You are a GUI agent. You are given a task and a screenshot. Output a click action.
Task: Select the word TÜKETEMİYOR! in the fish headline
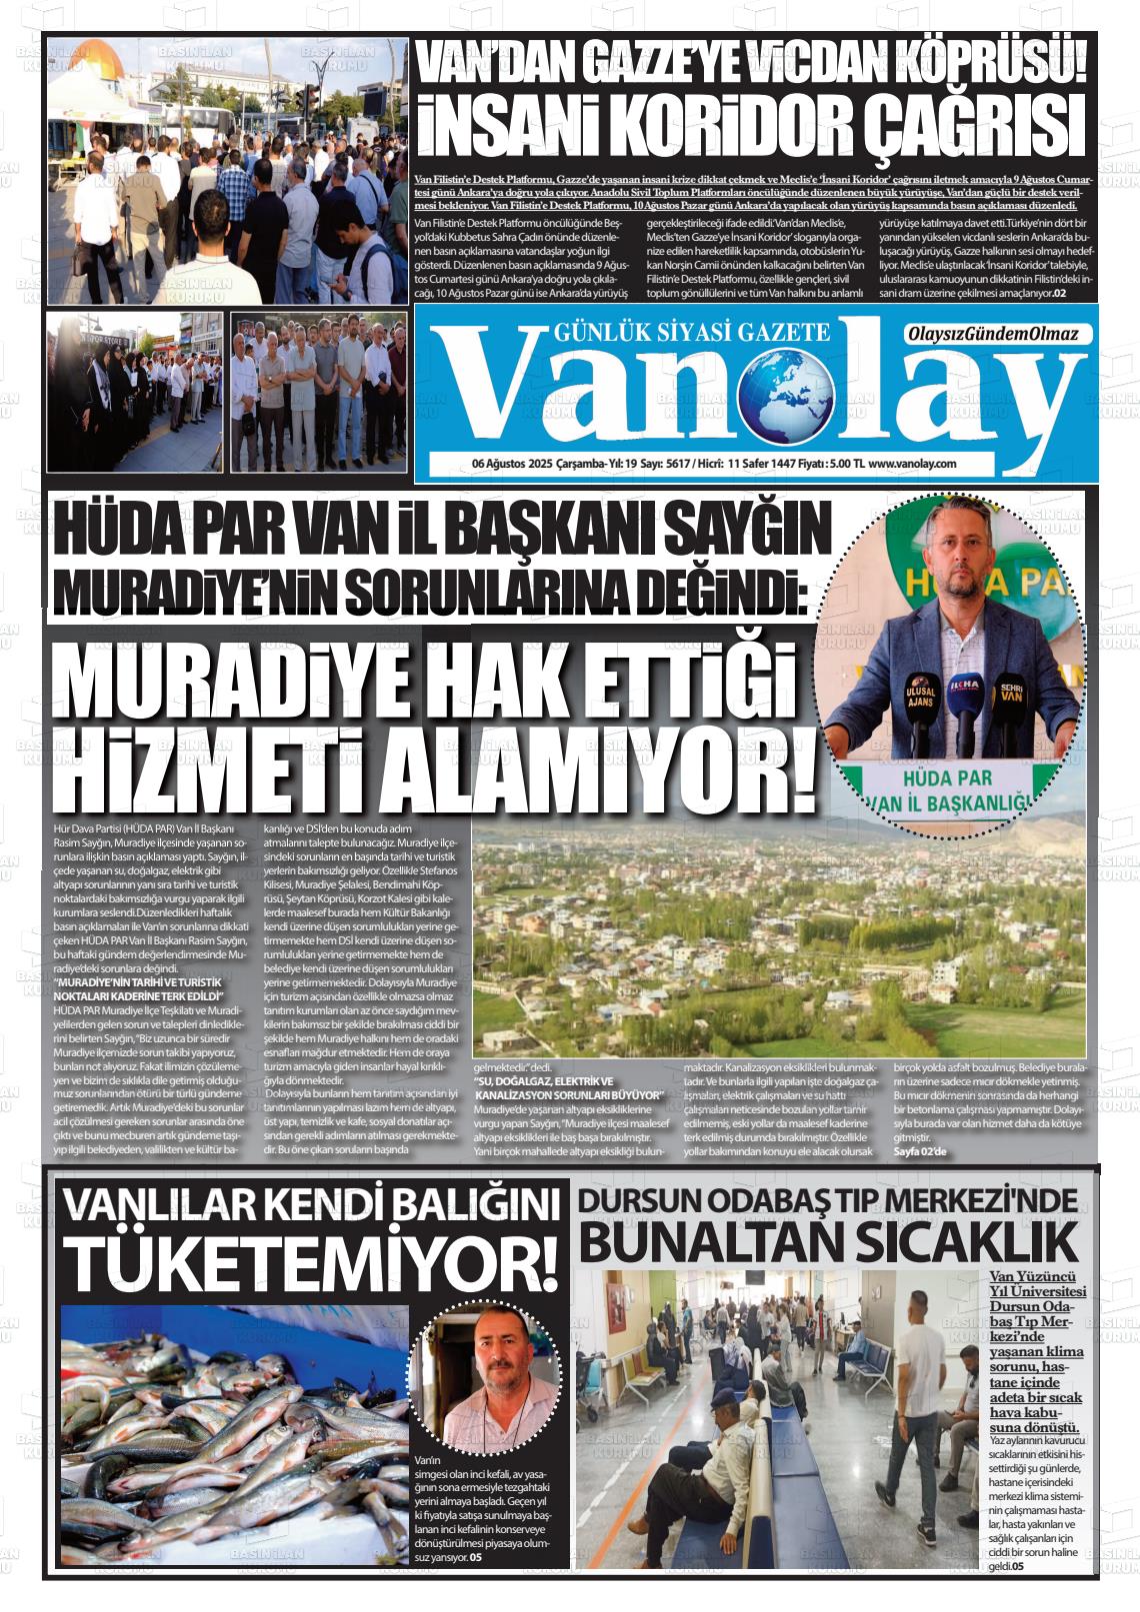coord(309,1266)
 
